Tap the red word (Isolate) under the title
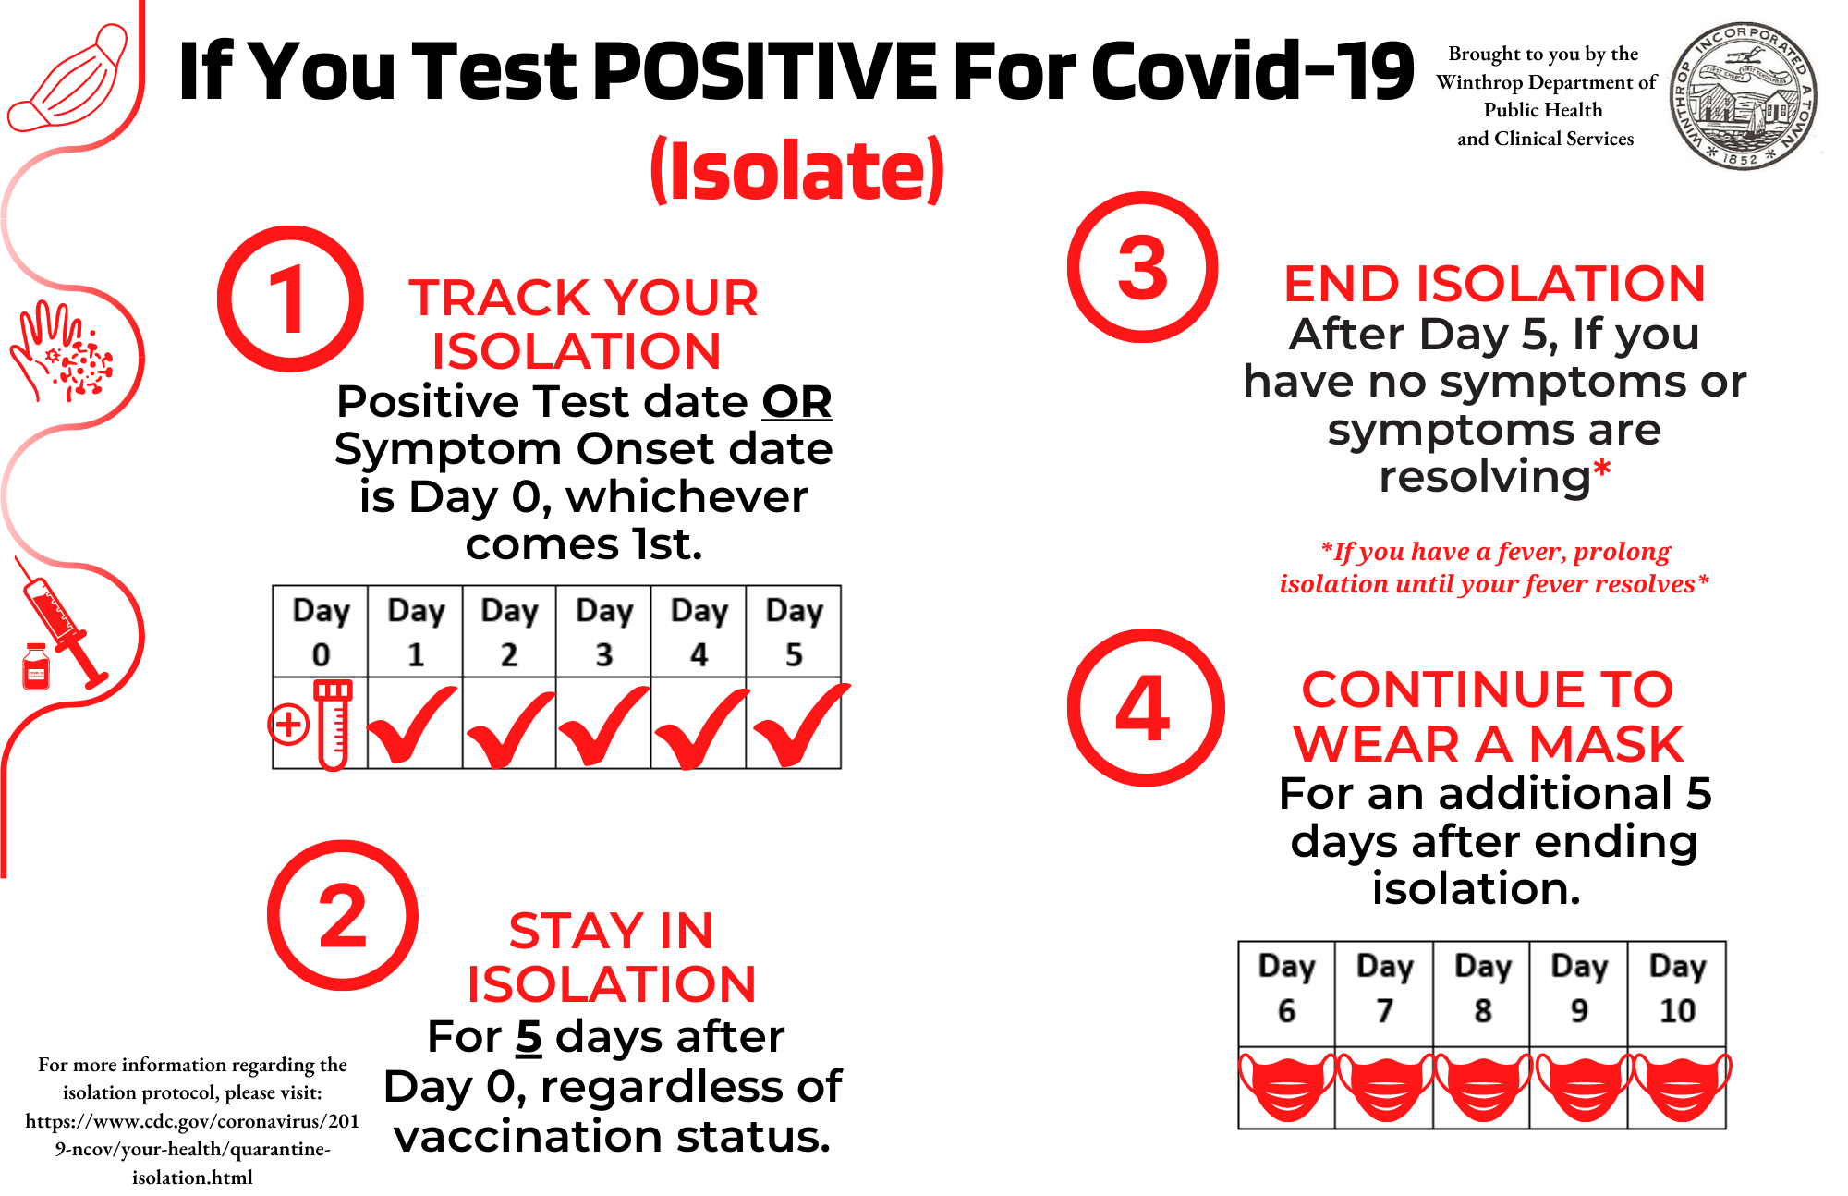click(x=797, y=171)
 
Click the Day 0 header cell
click(x=321, y=631)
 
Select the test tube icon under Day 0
click(x=333, y=726)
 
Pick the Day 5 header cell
click(x=794, y=631)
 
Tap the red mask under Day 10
click(x=1681, y=1087)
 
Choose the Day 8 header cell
click(x=1482, y=995)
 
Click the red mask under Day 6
click(x=1287, y=1087)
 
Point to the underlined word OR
click(x=796, y=402)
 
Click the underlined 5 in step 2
click(x=529, y=1037)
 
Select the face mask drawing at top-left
click(x=67, y=79)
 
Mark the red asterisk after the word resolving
click(x=1602, y=469)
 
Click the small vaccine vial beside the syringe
click(x=36, y=666)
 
